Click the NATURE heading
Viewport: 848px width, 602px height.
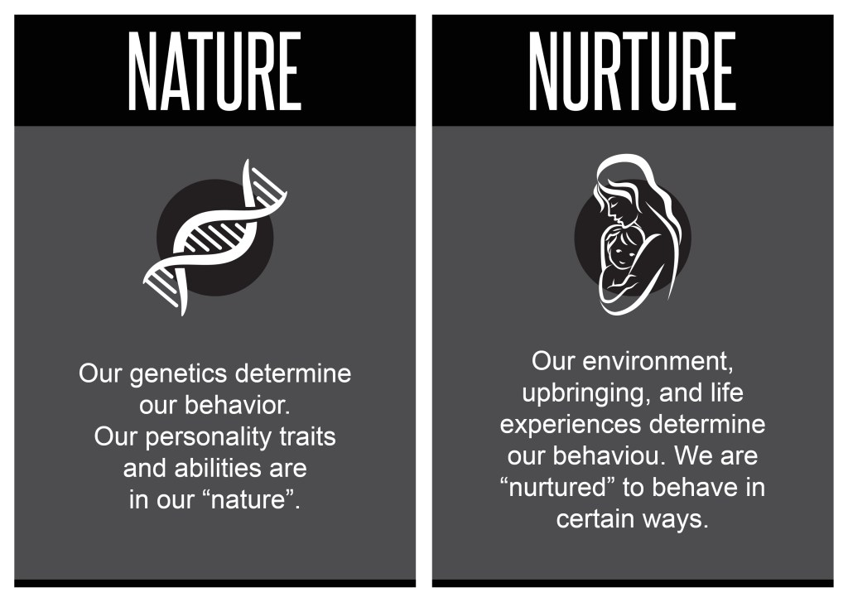point(214,71)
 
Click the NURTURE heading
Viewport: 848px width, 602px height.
point(632,71)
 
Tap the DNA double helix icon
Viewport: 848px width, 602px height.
point(215,237)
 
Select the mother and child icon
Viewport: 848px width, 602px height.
point(633,234)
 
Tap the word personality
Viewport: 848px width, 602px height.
point(208,437)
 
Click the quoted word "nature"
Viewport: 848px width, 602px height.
point(249,500)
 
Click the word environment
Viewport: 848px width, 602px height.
point(658,361)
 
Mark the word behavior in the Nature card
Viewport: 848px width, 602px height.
point(238,405)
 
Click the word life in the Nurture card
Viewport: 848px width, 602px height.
point(727,393)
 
